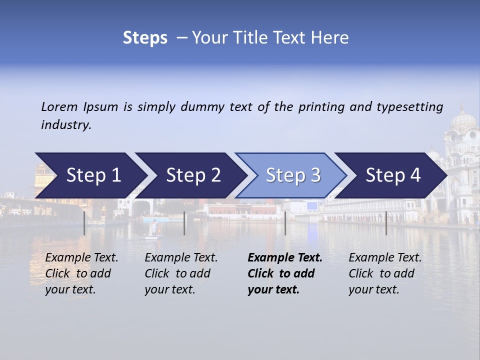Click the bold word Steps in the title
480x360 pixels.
[145, 38]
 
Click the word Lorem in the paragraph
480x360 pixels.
[59, 107]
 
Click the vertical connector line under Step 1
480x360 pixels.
[84, 223]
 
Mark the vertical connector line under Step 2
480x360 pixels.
[184, 223]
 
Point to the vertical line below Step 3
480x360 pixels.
[285, 223]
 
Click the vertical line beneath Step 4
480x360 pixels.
[386, 223]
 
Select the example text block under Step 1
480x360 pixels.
[81, 273]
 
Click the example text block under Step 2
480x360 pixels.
[181, 273]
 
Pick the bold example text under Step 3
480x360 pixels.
[285, 273]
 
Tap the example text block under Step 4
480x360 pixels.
[385, 273]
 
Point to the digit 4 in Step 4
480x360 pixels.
[415, 175]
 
